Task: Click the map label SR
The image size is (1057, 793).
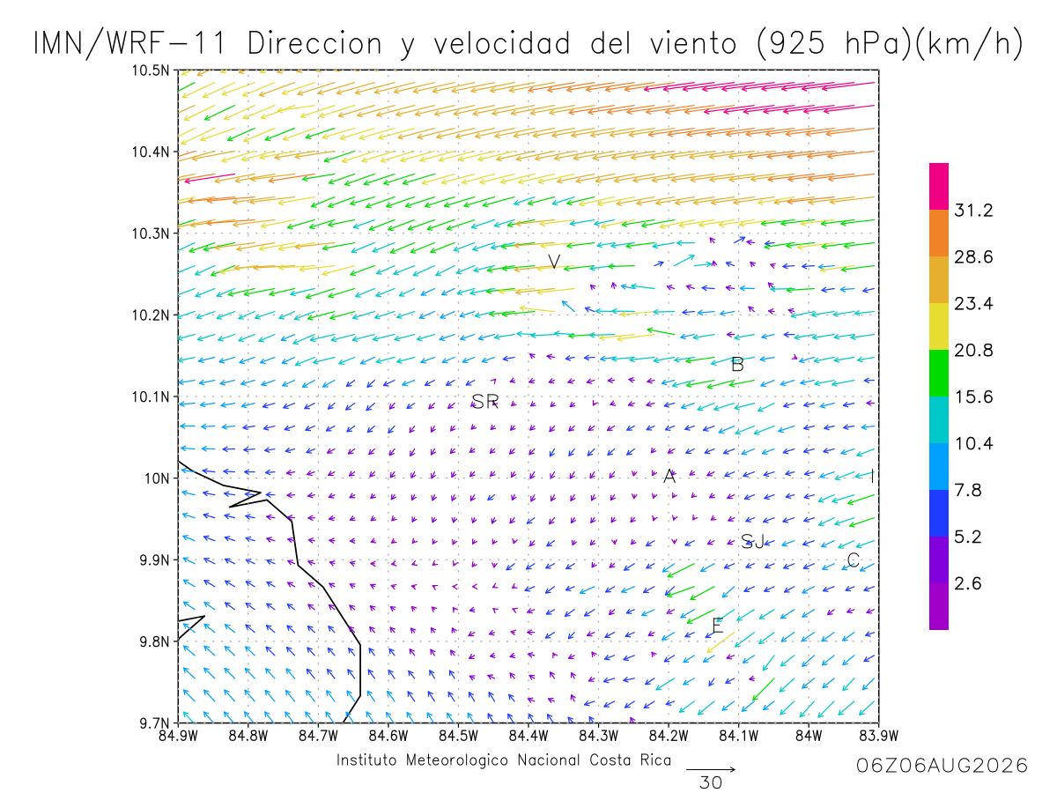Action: tap(484, 401)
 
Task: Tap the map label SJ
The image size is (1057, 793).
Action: tap(752, 542)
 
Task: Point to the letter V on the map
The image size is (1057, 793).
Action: tap(554, 262)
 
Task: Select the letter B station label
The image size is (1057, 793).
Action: tap(737, 365)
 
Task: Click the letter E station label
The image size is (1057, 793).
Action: tap(718, 626)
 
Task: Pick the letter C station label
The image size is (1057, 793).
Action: tap(853, 560)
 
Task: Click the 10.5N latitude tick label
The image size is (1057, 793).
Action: tap(151, 70)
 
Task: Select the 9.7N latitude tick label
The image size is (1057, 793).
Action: tap(154, 723)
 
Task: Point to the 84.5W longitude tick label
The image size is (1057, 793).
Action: tap(458, 736)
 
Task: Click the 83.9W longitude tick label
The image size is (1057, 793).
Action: tap(879, 736)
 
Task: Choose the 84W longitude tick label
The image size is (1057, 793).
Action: tap(809, 736)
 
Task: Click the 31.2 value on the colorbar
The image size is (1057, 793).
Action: tap(973, 210)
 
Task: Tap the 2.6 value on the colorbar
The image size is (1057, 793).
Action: tap(967, 583)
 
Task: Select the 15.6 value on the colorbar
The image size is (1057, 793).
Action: tap(973, 396)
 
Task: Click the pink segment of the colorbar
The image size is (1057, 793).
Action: tap(939, 186)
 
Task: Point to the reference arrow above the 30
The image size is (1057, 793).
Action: tap(710, 769)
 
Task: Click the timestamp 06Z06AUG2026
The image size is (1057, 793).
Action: tap(942, 766)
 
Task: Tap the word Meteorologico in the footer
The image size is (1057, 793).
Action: tap(456, 760)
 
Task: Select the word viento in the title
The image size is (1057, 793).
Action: tap(693, 43)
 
